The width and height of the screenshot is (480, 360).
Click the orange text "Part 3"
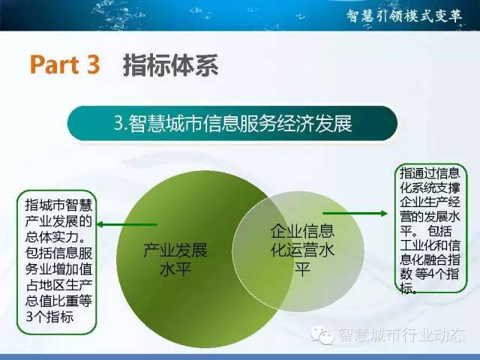[x=65, y=64]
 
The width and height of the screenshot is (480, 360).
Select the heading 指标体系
[x=171, y=65]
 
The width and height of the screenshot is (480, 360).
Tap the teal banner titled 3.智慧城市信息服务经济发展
[x=232, y=123]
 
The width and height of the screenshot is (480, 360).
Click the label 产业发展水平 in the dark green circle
[x=175, y=259]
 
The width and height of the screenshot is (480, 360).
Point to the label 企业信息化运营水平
[x=302, y=250]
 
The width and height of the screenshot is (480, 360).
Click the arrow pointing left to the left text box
[x=127, y=225]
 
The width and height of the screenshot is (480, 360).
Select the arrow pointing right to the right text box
[x=355, y=213]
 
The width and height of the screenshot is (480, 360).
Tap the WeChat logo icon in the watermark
[x=322, y=335]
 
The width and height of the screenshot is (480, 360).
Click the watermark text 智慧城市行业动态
[x=402, y=335]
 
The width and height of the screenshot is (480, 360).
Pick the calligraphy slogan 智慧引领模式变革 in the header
[x=404, y=16]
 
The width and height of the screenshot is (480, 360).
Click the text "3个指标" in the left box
[x=49, y=316]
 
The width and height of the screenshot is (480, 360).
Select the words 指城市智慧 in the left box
[x=58, y=205]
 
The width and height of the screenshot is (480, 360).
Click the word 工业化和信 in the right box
[x=430, y=245]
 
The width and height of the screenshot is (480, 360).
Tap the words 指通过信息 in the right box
[x=430, y=173]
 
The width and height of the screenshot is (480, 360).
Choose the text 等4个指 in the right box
[x=436, y=274]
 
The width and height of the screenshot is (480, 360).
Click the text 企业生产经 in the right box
[x=430, y=202]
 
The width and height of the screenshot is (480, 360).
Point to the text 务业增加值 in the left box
[x=58, y=269]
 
